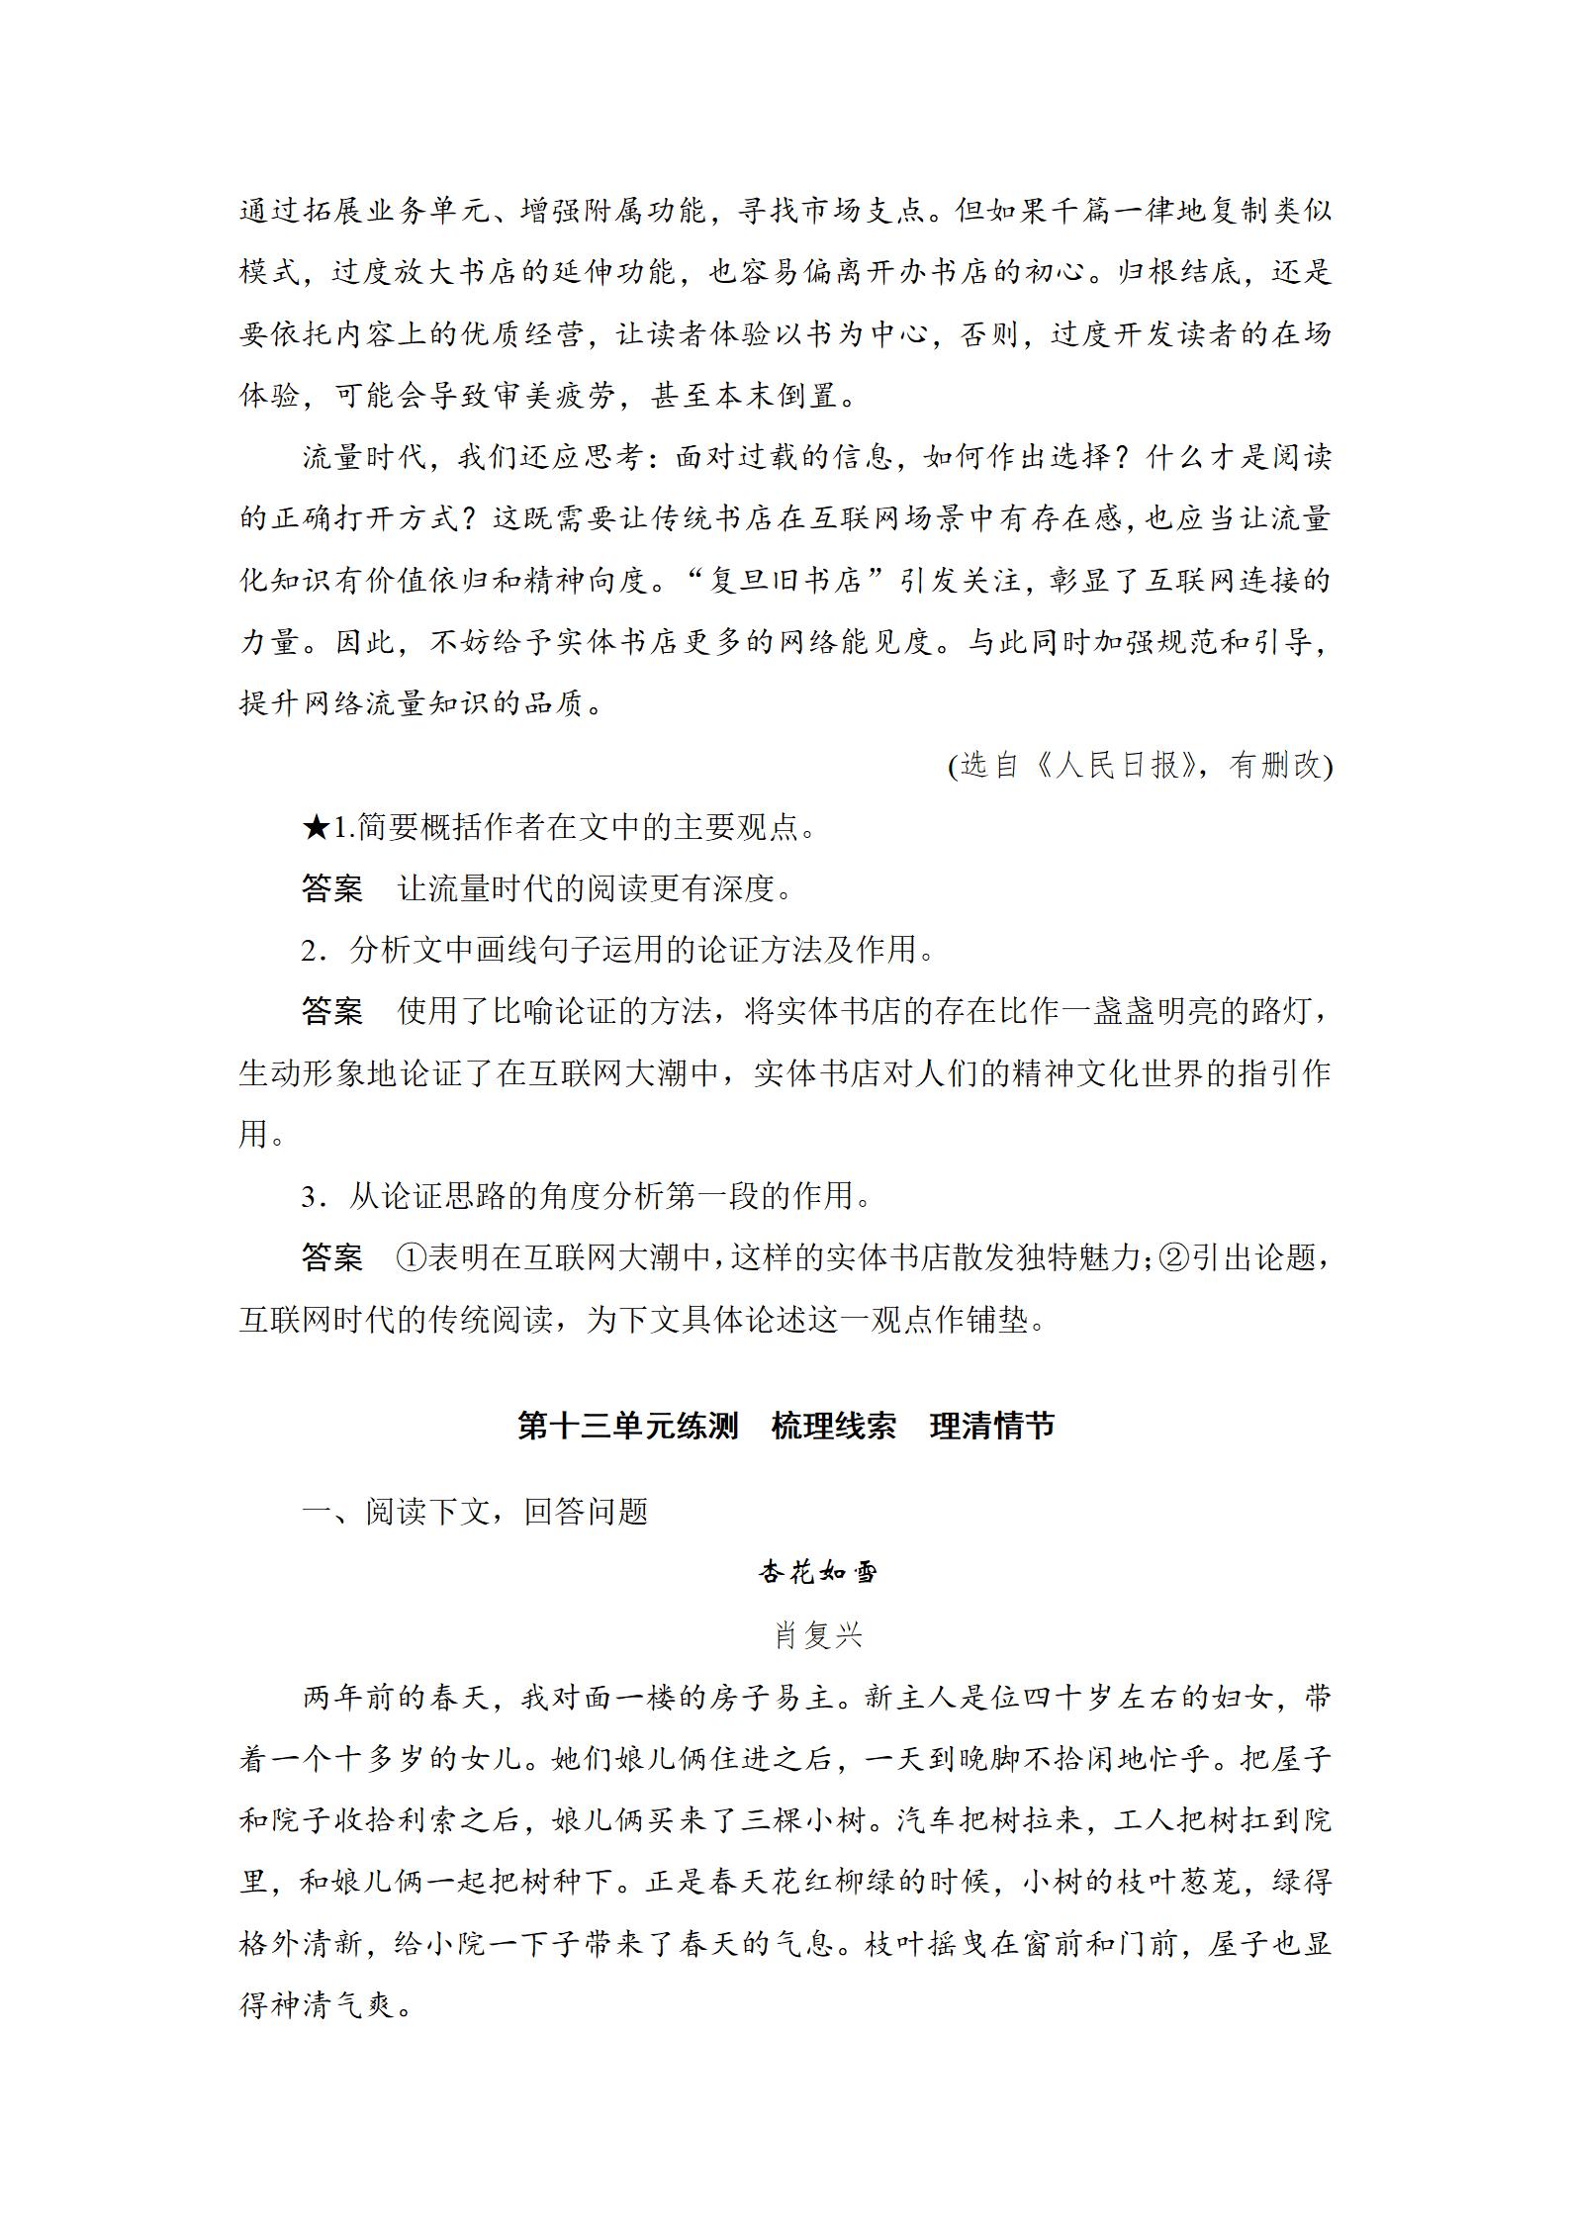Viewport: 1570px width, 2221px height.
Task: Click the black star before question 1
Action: tap(316, 826)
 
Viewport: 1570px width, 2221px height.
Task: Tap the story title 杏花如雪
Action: tap(818, 1572)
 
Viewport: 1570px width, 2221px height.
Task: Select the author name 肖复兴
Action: tap(818, 1635)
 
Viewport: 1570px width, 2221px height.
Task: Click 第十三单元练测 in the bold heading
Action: tap(628, 1426)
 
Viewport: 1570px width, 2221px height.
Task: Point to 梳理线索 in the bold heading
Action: tap(833, 1426)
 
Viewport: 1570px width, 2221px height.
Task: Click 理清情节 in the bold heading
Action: tap(992, 1426)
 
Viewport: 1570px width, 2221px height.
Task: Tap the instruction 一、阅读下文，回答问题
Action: tap(475, 1512)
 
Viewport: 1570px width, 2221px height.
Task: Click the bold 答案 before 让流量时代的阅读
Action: tap(332, 888)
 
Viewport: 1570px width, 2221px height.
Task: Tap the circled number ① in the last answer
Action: tap(411, 1258)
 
